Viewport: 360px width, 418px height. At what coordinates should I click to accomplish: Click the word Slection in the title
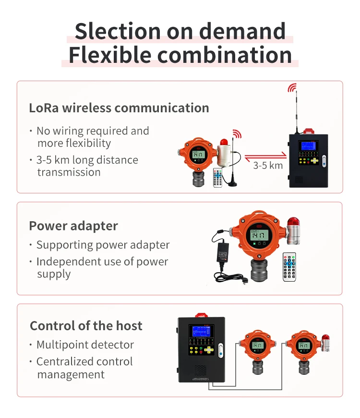(x=117, y=32)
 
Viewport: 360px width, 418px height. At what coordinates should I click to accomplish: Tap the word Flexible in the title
(x=109, y=55)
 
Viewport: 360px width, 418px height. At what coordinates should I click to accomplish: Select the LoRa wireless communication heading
(x=119, y=107)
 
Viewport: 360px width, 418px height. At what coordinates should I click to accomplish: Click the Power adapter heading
(x=73, y=226)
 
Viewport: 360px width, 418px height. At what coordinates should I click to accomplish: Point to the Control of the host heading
(x=86, y=326)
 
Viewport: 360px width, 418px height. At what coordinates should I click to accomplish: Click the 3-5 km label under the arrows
(x=268, y=166)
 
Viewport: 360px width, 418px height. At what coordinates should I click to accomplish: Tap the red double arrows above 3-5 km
(x=265, y=156)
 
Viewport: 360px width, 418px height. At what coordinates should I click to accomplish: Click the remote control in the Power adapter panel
(x=289, y=266)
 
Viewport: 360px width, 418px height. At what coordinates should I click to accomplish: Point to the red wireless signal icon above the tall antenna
(x=292, y=88)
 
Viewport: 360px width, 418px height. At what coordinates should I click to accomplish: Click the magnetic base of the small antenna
(x=232, y=183)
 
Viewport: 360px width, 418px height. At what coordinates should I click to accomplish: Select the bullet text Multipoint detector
(x=85, y=345)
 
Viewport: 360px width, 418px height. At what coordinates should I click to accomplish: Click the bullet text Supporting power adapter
(x=103, y=245)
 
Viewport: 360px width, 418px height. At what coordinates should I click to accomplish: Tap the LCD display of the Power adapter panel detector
(x=259, y=235)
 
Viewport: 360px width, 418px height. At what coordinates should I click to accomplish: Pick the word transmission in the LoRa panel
(x=69, y=172)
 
